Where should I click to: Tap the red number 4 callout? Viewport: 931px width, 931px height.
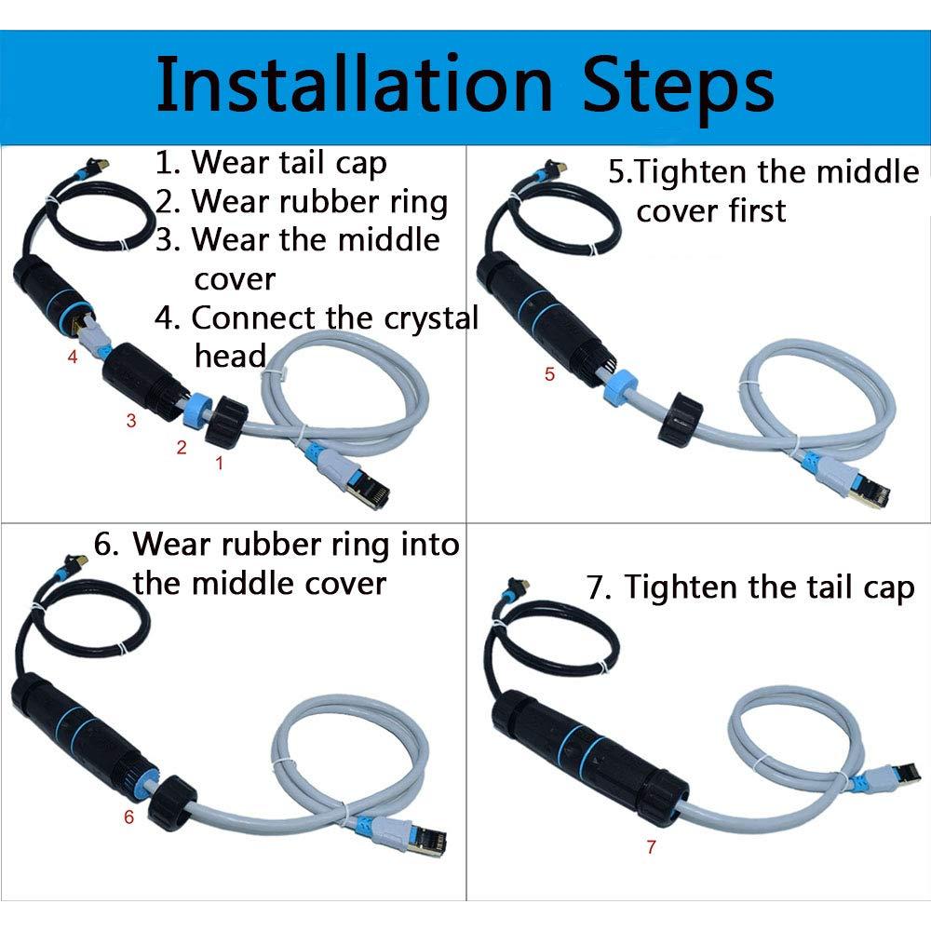(73, 356)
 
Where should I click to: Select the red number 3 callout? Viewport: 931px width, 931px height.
(131, 421)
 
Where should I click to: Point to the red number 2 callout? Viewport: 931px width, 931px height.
(182, 447)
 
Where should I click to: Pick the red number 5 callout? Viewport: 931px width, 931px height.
(548, 374)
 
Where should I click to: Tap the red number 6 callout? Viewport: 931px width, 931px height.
(128, 817)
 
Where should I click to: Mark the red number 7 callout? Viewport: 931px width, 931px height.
(650, 846)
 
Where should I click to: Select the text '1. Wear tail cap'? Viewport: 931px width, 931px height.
(270, 163)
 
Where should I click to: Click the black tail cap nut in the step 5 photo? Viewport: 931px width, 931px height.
(681, 420)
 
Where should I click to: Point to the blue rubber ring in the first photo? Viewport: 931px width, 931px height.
(200, 410)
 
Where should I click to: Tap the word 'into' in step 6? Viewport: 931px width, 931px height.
(430, 544)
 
